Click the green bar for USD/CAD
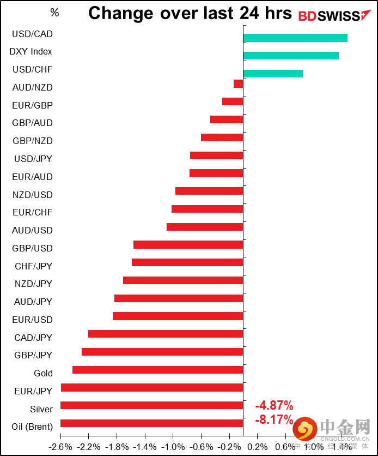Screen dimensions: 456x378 point(295,38)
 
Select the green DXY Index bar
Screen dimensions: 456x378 point(290,56)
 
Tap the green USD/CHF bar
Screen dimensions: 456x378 point(272,74)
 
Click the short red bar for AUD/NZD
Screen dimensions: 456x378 point(238,83)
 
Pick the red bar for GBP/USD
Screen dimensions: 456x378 point(188,244)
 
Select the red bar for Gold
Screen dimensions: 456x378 point(157,370)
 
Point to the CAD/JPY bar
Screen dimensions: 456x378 point(165,334)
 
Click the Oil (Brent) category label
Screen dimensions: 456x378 point(32,427)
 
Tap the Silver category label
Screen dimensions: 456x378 point(41,409)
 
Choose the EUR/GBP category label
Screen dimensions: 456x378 point(32,105)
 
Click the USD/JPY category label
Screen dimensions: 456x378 point(33,159)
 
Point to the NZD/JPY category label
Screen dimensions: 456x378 point(33,284)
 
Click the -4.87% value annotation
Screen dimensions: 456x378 point(274,406)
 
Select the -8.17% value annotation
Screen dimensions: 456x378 point(274,421)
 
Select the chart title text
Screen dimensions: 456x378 point(190,13)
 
